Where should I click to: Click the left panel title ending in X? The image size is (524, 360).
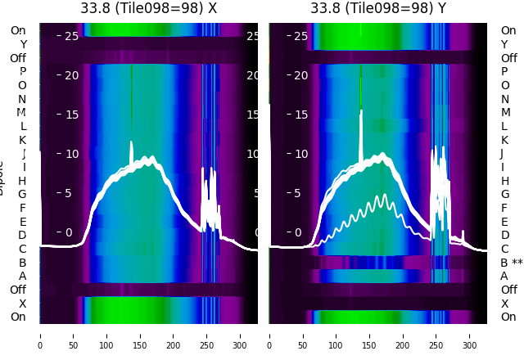[x=148, y=8]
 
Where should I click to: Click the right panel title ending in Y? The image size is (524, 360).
[x=377, y=8]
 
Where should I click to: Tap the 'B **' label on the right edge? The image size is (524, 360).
[x=511, y=263]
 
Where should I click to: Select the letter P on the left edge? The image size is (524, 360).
[x=22, y=72]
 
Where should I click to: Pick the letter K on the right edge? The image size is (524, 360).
[x=504, y=140]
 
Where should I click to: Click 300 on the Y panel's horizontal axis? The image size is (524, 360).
[x=470, y=335]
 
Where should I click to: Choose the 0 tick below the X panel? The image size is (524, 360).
[x=39, y=335]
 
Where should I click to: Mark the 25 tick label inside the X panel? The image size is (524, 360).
[x=71, y=36]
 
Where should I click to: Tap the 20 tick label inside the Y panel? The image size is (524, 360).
[x=300, y=75]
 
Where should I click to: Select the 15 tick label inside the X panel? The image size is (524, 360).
[x=71, y=115]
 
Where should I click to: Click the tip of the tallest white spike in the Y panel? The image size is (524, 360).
[x=361, y=110]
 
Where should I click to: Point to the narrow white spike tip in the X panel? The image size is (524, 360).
[x=131, y=142]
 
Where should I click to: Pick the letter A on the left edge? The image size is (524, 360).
[x=22, y=276]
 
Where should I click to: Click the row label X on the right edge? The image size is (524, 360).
[x=504, y=304]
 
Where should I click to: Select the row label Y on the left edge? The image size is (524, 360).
[x=23, y=45]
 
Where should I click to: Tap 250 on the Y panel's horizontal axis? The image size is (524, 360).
[x=436, y=335]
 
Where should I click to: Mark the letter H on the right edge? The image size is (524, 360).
[x=504, y=181]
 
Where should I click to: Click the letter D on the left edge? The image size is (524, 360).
[x=22, y=236]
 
